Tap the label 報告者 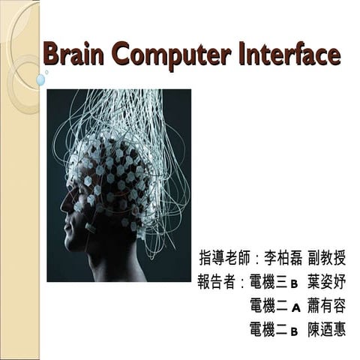[215, 283]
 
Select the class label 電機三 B [275, 283]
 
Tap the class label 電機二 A [275, 307]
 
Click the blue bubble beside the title [40, 79]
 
